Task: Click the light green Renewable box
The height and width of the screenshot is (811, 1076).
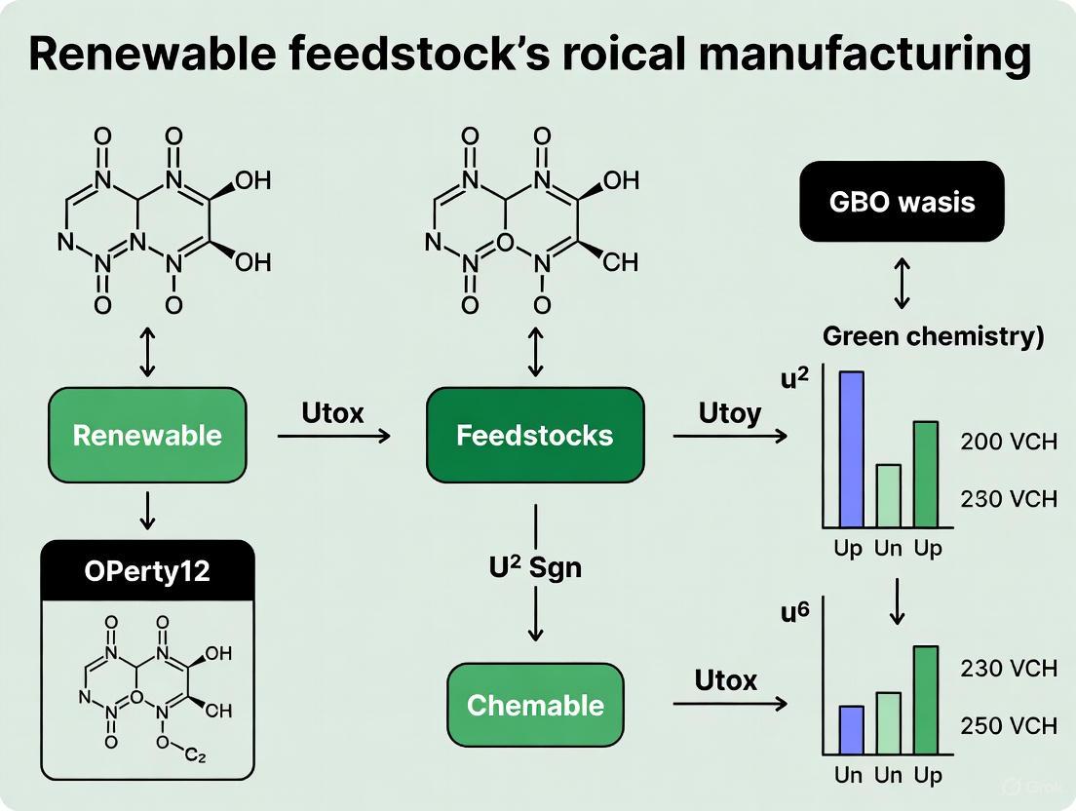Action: point(147,435)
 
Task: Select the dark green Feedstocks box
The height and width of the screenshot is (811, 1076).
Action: point(535,435)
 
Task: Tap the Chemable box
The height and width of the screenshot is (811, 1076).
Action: point(535,706)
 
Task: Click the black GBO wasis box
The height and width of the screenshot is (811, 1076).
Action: point(902,202)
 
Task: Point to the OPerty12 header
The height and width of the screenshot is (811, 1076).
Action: point(147,570)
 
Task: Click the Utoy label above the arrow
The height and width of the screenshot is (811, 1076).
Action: point(729,413)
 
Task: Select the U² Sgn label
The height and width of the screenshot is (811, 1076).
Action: point(534,566)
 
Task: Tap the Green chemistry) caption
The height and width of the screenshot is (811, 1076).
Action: point(934,337)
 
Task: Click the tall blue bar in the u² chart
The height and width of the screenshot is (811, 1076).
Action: point(851,449)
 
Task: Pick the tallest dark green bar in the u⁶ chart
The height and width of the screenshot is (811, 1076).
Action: point(926,700)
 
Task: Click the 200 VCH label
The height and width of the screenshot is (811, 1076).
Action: point(1008,443)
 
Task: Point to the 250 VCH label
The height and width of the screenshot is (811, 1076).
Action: point(1008,726)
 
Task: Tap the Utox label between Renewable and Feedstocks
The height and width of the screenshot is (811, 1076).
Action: point(333,413)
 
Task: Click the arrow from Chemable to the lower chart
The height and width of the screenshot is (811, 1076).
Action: point(729,703)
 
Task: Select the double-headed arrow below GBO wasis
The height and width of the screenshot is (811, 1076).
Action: point(902,284)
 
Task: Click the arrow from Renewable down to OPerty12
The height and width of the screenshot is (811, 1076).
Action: point(147,511)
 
